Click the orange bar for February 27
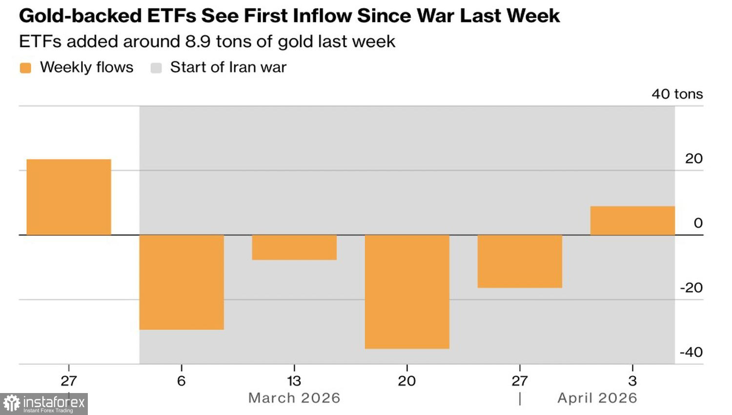click(69, 197)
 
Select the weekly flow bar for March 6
click(182, 282)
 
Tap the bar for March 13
click(294, 247)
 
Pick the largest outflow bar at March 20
click(407, 291)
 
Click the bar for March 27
click(520, 261)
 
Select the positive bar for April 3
click(632, 221)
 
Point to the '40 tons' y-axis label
click(677, 94)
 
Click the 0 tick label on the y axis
click(698, 223)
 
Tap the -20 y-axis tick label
click(691, 288)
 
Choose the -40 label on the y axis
click(691, 352)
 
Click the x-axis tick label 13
click(294, 381)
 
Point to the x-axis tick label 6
click(182, 381)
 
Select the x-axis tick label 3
click(632, 381)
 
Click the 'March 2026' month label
click(294, 398)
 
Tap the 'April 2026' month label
click(597, 398)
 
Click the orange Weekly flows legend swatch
click(25, 68)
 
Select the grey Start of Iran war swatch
click(156, 68)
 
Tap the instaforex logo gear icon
click(12, 404)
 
